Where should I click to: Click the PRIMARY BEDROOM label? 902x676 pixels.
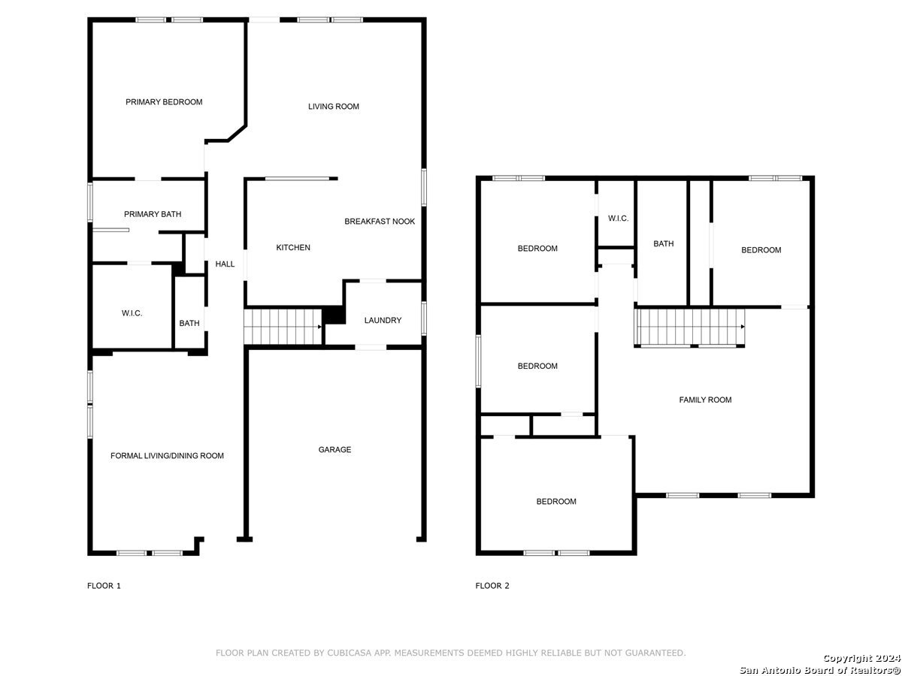(164, 102)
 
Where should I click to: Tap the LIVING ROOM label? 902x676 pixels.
(333, 107)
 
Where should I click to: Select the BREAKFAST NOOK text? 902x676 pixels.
(380, 222)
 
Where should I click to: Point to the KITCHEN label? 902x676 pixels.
(293, 248)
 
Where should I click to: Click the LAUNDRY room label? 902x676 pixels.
(383, 320)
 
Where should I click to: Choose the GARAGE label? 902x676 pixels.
(334, 449)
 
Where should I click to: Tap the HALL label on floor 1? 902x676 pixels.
(225, 264)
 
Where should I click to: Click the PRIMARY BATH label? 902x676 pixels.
(153, 214)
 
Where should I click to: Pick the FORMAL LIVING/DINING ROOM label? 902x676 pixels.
(167, 456)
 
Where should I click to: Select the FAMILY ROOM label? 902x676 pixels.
(705, 400)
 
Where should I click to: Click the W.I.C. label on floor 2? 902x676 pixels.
(618, 219)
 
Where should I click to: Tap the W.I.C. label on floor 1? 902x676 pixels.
(132, 313)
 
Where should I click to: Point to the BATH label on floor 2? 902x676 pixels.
(663, 244)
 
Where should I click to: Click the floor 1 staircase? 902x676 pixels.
(283, 327)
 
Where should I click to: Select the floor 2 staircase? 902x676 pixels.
(689, 327)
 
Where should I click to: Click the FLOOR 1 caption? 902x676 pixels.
(104, 586)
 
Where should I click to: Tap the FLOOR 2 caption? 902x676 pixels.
(492, 586)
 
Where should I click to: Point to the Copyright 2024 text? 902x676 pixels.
(861, 658)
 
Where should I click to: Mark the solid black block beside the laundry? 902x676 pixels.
(334, 315)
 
